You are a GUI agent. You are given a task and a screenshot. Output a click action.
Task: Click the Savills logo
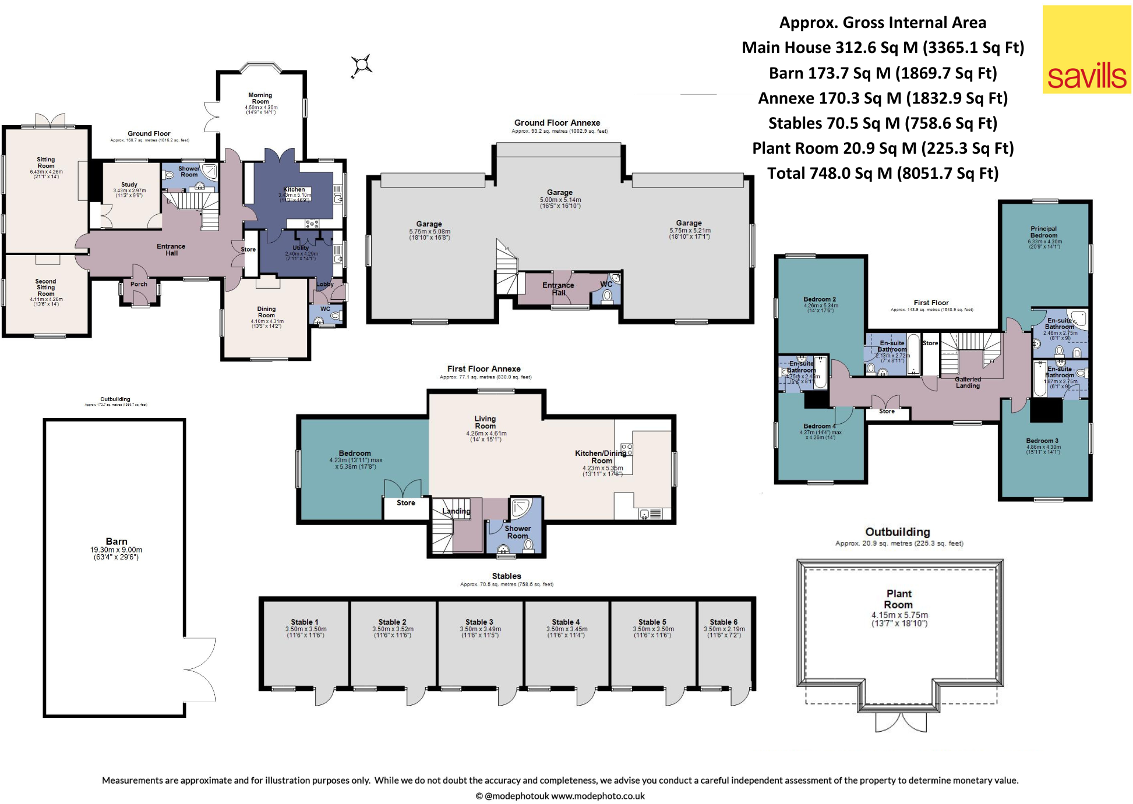pyautogui.click(x=1086, y=49)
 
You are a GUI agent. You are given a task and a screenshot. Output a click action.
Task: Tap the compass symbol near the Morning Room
pyautogui.click(x=361, y=65)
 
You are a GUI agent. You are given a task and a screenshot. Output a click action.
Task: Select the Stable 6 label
pyautogui.click(x=723, y=622)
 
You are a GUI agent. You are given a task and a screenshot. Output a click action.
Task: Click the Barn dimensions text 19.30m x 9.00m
pyautogui.click(x=116, y=550)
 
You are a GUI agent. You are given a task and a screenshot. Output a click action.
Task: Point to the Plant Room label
pyautogui.click(x=899, y=599)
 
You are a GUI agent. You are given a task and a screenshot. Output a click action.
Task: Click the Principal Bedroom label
pyautogui.click(x=1043, y=232)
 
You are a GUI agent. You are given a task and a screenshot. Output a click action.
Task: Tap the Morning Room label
pyautogui.click(x=260, y=98)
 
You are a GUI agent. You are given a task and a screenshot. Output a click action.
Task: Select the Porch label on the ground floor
pyautogui.click(x=139, y=284)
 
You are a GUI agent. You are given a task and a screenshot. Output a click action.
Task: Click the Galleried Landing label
pyautogui.click(x=968, y=382)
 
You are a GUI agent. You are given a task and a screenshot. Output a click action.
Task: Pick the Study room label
pyautogui.click(x=129, y=185)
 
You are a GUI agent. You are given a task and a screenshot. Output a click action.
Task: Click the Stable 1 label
pyautogui.click(x=305, y=622)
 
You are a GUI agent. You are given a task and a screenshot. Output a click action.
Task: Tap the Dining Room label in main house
pyautogui.click(x=266, y=312)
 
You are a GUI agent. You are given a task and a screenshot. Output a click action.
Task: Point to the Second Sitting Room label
pyautogui.click(x=46, y=288)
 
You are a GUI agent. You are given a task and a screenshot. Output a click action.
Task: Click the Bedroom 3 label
pyautogui.click(x=1042, y=441)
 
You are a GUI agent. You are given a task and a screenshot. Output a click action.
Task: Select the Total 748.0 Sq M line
pyautogui.click(x=883, y=173)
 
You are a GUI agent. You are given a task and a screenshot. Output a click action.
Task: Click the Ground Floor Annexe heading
pyautogui.click(x=557, y=123)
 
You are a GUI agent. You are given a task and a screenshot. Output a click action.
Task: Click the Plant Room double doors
pyautogui.click(x=901, y=722)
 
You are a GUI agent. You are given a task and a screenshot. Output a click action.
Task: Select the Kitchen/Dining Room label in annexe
pyautogui.click(x=601, y=456)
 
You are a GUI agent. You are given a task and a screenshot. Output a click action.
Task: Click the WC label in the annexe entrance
pyautogui.click(x=606, y=284)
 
